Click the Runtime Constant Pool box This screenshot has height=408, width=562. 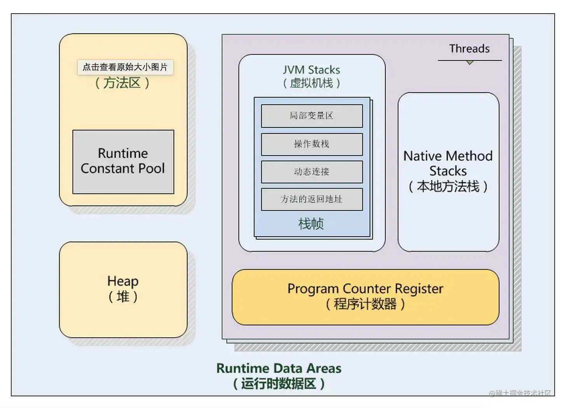(x=123, y=162)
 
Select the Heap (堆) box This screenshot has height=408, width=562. (x=123, y=289)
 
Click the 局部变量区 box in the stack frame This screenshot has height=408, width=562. (x=311, y=116)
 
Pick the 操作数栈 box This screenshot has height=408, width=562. (x=311, y=144)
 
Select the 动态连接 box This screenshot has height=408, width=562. (x=311, y=172)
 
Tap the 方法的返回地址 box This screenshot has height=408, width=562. (x=311, y=199)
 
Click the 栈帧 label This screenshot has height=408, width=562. (x=311, y=224)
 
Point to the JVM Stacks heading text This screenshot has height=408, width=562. (x=311, y=70)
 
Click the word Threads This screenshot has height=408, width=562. (x=469, y=49)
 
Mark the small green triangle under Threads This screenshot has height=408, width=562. (x=470, y=62)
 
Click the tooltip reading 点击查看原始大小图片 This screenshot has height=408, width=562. (x=125, y=67)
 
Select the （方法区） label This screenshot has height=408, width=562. (x=122, y=83)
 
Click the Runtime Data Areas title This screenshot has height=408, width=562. (x=279, y=368)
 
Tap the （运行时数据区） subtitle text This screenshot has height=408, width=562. (x=279, y=384)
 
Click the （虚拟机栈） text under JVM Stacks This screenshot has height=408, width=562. (x=311, y=83)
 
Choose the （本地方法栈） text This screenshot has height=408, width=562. (x=448, y=186)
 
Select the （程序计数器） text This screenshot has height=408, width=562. (x=365, y=304)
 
